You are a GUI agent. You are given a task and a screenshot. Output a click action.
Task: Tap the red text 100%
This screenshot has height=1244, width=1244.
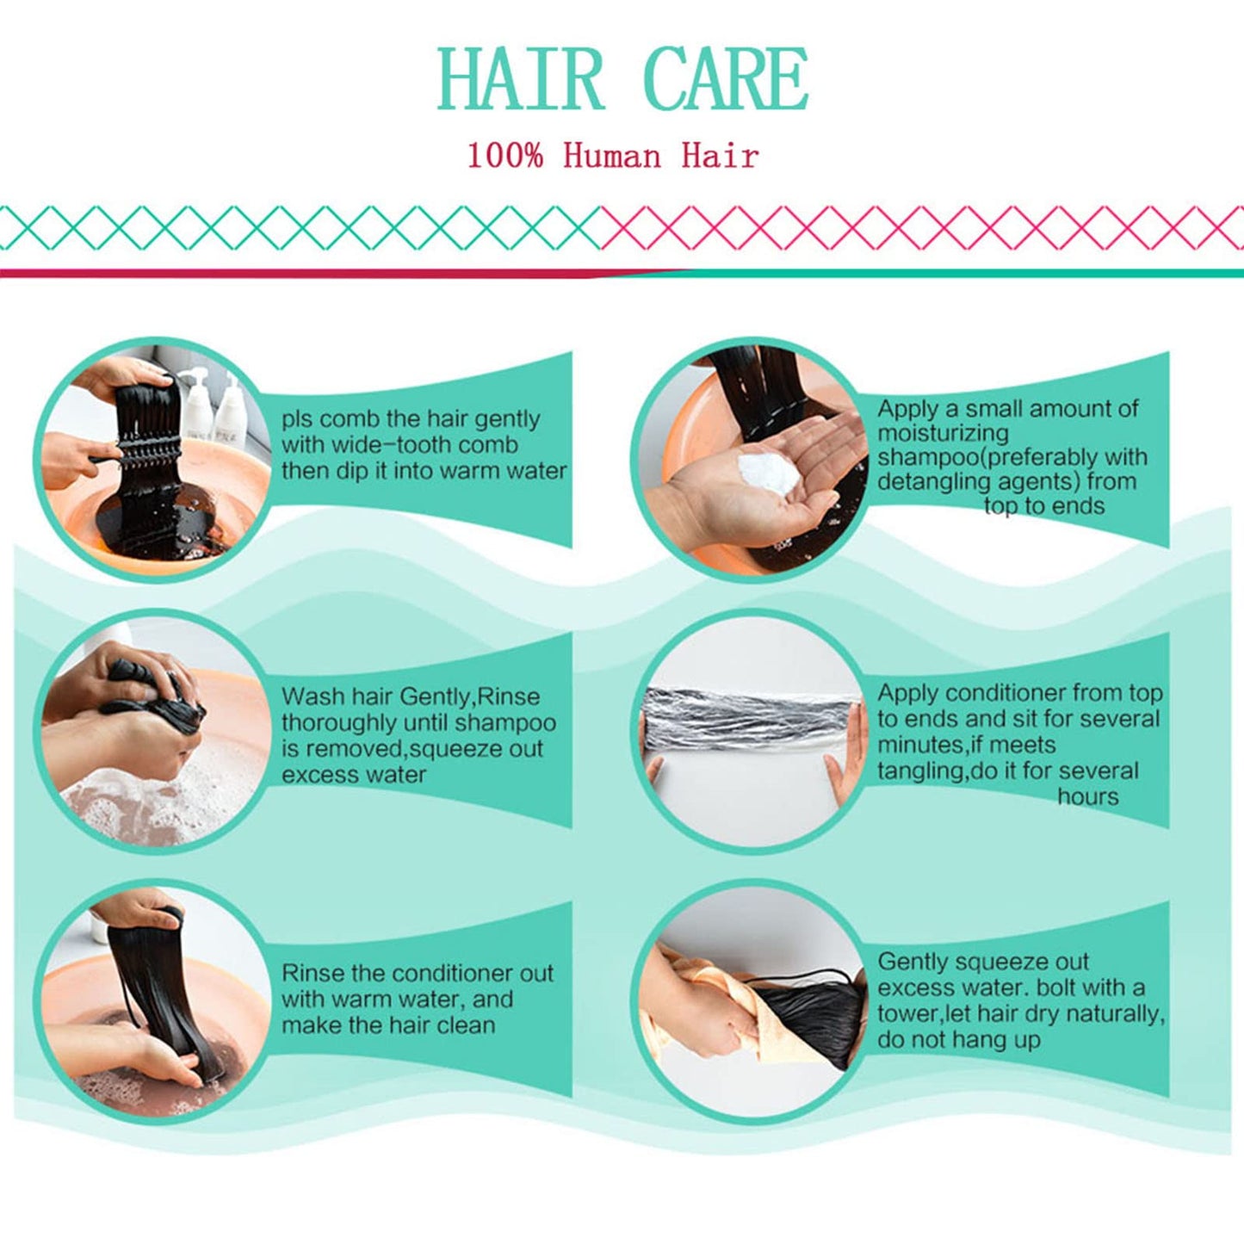pos(504,156)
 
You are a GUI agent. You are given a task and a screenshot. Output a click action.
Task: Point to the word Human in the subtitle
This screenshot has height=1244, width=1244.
pos(612,156)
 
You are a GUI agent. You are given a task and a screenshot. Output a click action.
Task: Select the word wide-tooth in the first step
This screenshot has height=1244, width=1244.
pos(399,445)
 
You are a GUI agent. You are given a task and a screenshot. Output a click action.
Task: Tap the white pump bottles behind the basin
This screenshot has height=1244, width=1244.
pos(213,404)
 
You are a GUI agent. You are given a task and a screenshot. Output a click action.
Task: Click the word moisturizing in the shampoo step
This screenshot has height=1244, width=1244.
pos(943,433)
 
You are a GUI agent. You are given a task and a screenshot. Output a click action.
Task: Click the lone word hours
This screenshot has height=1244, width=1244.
pos(1088,796)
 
